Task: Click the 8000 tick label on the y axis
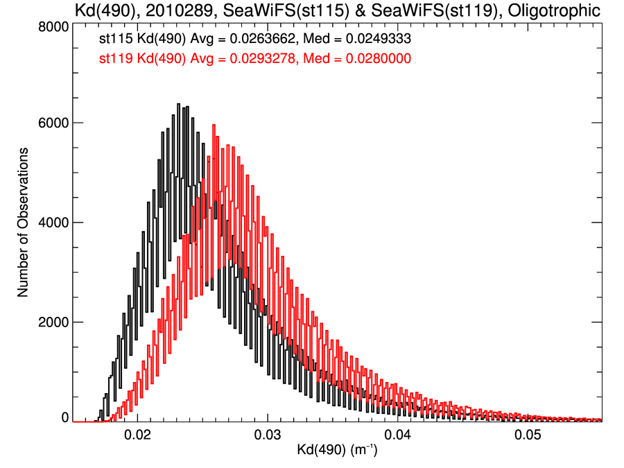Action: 53,26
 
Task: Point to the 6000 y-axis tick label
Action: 53,123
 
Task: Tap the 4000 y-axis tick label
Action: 53,223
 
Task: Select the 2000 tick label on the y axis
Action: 53,322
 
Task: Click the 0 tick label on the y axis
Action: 64,418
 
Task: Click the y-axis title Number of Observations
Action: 23,223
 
